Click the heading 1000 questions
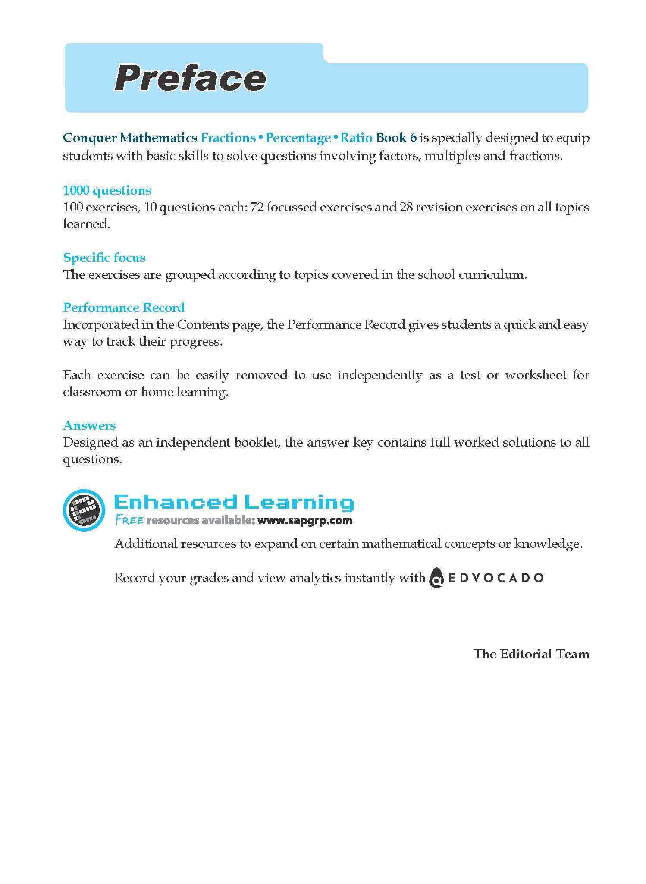pyautogui.click(x=107, y=190)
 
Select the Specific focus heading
pyautogui.click(x=104, y=258)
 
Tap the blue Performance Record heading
pyautogui.click(x=124, y=308)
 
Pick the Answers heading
pyautogui.click(x=89, y=425)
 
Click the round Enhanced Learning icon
pyautogui.click(x=84, y=510)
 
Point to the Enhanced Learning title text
pyautogui.click(x=234, y=502)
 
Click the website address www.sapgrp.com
pyautogui.click(x=305, y=520)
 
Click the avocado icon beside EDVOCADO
pyautogui.click(x=436, y=578)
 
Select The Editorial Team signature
pyautogui.click(x=531, y=654)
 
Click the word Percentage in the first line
pyautogui.click(x=298, y=138)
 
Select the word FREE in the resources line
pyautogui.click(x=129, y=520)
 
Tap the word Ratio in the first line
pyautogui.click(x=356, y=138)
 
